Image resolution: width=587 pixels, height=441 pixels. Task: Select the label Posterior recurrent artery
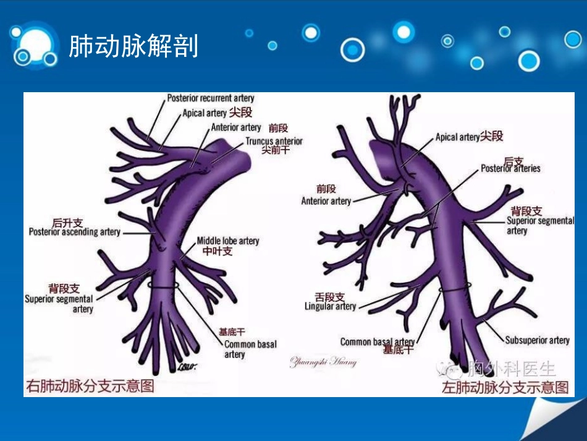tap(210, 98)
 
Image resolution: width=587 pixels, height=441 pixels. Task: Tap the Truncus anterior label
tap(274, 141)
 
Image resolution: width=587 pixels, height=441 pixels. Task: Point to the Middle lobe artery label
tap(228, 241)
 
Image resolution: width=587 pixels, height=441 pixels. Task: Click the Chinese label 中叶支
tap(217, 251)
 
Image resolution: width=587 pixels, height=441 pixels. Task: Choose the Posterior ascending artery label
tap(75, 232)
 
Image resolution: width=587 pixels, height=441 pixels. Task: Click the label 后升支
tap(67, 223)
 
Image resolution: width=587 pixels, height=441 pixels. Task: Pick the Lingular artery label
tap(330, 306)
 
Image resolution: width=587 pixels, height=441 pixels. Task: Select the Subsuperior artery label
tap(537, 340)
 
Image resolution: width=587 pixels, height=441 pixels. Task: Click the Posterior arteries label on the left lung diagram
tap(510, 168)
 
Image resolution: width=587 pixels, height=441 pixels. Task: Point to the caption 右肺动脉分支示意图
tap(90, 387)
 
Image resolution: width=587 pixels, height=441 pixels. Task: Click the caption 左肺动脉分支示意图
tap(505, 388)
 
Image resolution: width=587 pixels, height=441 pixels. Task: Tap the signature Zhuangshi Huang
tap(323, 362)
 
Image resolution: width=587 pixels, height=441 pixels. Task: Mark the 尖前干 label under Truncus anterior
tap(276, 150)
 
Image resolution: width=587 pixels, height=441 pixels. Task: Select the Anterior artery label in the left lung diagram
tap(326, 201)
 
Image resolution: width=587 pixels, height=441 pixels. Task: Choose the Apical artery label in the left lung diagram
tap(457, 137)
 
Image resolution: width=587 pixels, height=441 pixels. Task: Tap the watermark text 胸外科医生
tap(511, 370)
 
